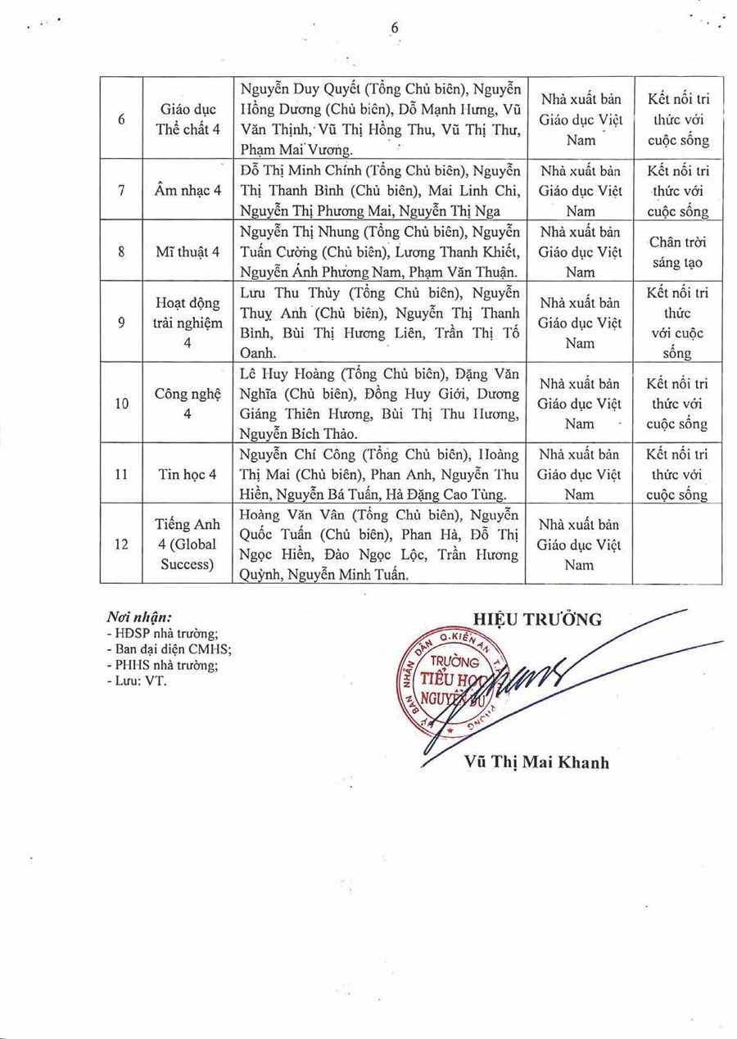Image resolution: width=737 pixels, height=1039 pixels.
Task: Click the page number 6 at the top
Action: (395, 28)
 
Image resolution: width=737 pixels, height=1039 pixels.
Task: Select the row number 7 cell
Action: (121, 191)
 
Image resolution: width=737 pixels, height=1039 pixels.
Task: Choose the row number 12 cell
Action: (121, 544)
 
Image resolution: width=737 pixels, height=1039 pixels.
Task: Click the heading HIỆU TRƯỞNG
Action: (537, 619)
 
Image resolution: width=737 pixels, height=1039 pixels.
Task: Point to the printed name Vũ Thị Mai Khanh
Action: (536, 763)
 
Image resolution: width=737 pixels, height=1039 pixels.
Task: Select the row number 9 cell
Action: (121, 323)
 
